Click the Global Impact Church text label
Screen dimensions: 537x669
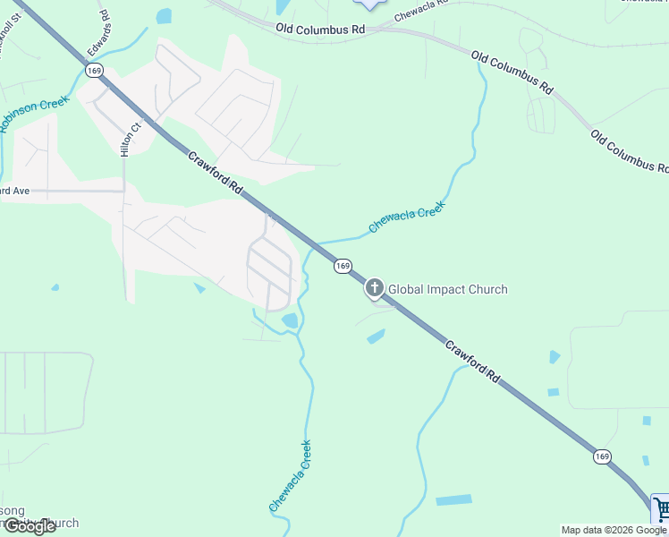click(x=447, y=289)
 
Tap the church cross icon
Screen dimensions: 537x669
click(x=374, y=288)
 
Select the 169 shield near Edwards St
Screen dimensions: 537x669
click(x=95, y=69)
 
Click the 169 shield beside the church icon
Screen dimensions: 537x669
click(x=343, y=266)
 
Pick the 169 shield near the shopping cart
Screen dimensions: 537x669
click(x=602, y=456)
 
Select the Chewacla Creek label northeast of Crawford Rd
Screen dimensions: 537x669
click(x=407, y=216)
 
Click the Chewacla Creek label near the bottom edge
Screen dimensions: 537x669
click(x=291, y=476)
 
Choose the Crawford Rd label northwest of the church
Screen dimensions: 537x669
click(x=216, y=174)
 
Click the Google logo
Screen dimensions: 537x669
click(x=29, y=526)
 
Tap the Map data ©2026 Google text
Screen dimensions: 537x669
click(x=614, y=530)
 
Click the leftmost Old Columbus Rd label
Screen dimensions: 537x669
click(x=321, y=30)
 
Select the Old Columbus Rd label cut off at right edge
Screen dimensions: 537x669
click(x=630, y=150)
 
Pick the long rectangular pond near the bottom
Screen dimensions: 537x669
click(x=453, y=499)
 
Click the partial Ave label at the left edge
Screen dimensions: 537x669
click(x=16, y=191)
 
